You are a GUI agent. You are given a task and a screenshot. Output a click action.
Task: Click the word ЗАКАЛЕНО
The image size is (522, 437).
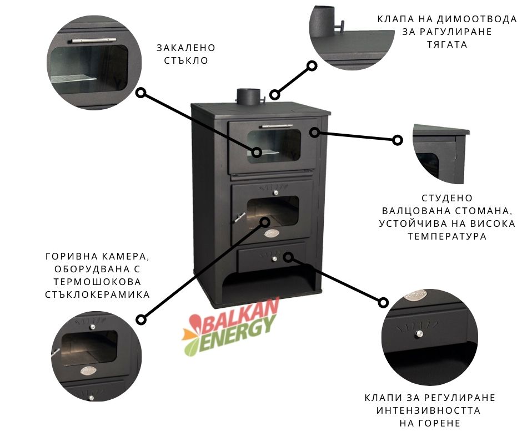coord(186,48)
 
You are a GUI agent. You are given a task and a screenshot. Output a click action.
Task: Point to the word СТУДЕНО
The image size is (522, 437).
coord(447,198)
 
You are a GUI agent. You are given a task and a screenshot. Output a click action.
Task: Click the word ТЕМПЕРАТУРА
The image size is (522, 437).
coord(447,236)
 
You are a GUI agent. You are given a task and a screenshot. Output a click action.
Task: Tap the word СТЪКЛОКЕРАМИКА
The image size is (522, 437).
coord(98,294)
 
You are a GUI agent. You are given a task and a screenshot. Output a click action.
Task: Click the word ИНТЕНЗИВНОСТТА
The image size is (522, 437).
coord(429,410)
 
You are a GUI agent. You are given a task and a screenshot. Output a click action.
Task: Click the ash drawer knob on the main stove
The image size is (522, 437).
coord(274,258)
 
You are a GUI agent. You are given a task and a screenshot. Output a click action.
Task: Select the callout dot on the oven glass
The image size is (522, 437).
coord(257,152)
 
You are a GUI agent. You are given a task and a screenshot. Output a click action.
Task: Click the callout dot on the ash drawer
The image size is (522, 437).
coord(288,257)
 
